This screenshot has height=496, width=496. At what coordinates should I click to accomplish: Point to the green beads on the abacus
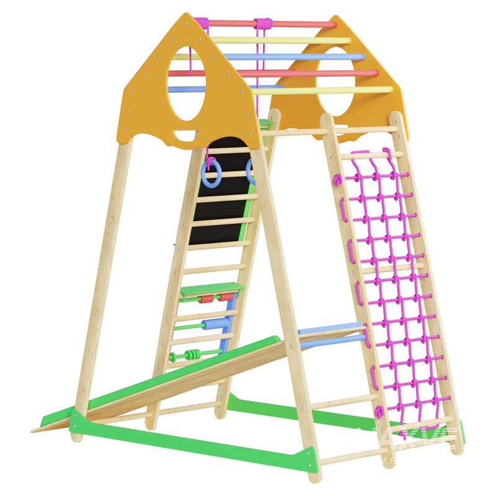193,355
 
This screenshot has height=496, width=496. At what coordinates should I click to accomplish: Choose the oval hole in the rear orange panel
335,81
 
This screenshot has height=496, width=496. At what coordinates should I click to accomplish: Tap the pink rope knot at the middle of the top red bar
263,24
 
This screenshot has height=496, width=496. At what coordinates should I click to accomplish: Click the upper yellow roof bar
285,40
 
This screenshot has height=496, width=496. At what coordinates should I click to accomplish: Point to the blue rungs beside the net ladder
332,335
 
